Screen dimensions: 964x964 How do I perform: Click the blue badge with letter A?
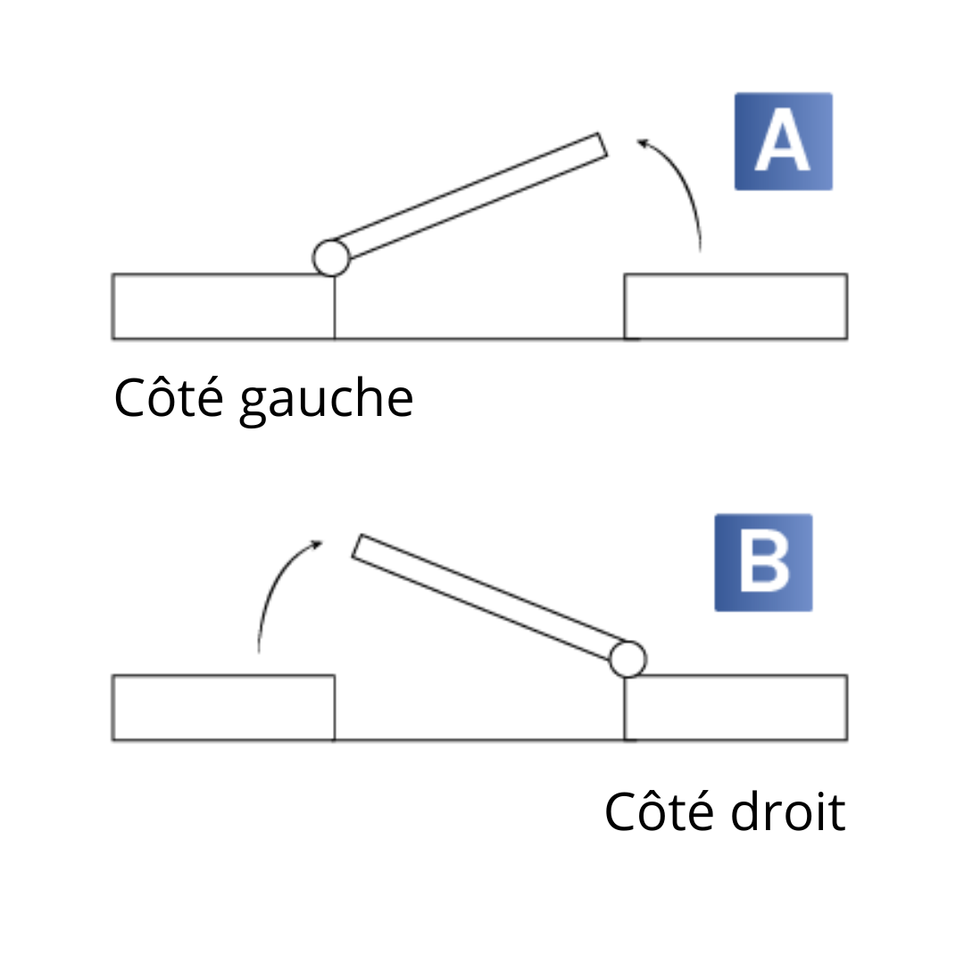pyautogui.click(x=783, y=141)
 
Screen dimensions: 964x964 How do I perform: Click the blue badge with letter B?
pyautogui.click(x=763, y=562)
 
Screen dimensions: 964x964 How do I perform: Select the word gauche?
pyautogui.click(x=327, y=402)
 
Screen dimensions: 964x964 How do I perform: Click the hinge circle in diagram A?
pyautogui.click(x=331, y=257)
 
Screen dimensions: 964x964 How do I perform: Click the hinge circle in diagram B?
pyautogui.click(x=627, y=659)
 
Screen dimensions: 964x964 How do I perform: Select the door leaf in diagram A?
pyautogui.click(x=469, y=195)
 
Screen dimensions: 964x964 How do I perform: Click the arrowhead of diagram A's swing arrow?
pyautogui.click(x=642, y=141)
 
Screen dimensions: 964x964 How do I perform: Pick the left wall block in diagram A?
pyautogui.click(x=223, y=306)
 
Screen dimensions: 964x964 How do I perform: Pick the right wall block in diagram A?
pyautogui.click(x=735, y=306)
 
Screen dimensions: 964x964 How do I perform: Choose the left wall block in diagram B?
pyautogui.click(x=223, y=707)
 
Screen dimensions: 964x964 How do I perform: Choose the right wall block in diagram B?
pyautogui.click(x=735, y=707)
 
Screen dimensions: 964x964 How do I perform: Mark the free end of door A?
pyautogui.click(x=602, y=145)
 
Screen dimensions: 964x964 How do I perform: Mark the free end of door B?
pyautogui.click(x=357, y=546)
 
